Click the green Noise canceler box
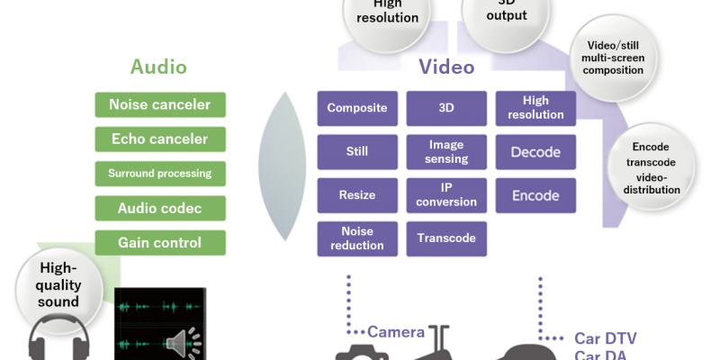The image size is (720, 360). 160,104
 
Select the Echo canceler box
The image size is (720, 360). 160,139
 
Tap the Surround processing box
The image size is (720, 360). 160,173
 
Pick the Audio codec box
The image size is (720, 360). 160,208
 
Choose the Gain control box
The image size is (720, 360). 160,242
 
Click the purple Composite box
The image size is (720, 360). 357,108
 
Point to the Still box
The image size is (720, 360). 357,151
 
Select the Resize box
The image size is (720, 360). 357,194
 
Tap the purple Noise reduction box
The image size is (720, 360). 357,238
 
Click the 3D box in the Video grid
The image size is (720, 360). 447,108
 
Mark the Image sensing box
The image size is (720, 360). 447,151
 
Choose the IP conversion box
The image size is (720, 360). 447,194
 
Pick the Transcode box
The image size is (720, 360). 447,238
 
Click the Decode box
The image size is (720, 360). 536,151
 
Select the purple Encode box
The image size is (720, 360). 536,194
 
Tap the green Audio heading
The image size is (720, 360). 158,67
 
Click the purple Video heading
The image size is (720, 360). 446,67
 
